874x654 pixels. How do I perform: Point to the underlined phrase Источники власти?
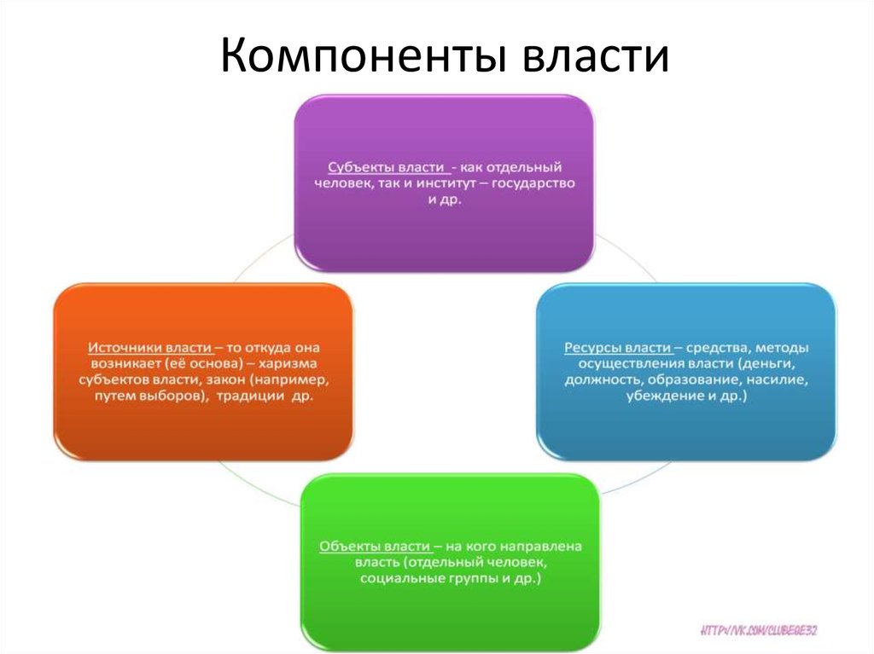click(149, 348)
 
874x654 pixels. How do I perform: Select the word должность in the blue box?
click(601, 380)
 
